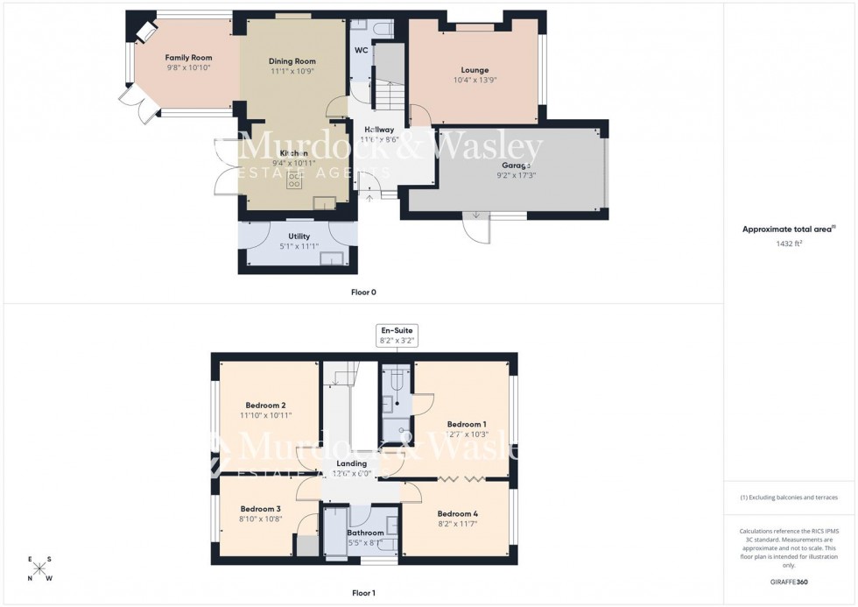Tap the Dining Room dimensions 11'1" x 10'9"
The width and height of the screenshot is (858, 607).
point(292,71)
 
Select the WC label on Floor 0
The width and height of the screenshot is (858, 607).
point(361,50)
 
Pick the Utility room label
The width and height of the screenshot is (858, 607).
point(299,236)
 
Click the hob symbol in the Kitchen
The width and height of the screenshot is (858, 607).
point(294,180)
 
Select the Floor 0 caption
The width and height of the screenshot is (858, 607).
point(363,292)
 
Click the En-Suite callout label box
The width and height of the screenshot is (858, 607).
point(396,335)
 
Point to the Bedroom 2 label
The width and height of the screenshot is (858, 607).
point(265,406)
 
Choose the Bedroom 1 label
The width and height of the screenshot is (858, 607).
point(466,424)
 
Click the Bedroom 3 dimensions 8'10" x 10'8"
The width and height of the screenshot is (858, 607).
point(260,519)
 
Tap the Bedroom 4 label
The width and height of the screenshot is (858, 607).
point(457,513)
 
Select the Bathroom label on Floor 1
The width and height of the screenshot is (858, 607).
point(365,533)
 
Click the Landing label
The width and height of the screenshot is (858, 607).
point(352,463)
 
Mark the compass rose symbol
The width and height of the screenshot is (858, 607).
point(40,569)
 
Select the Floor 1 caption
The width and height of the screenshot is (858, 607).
point(363,593)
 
